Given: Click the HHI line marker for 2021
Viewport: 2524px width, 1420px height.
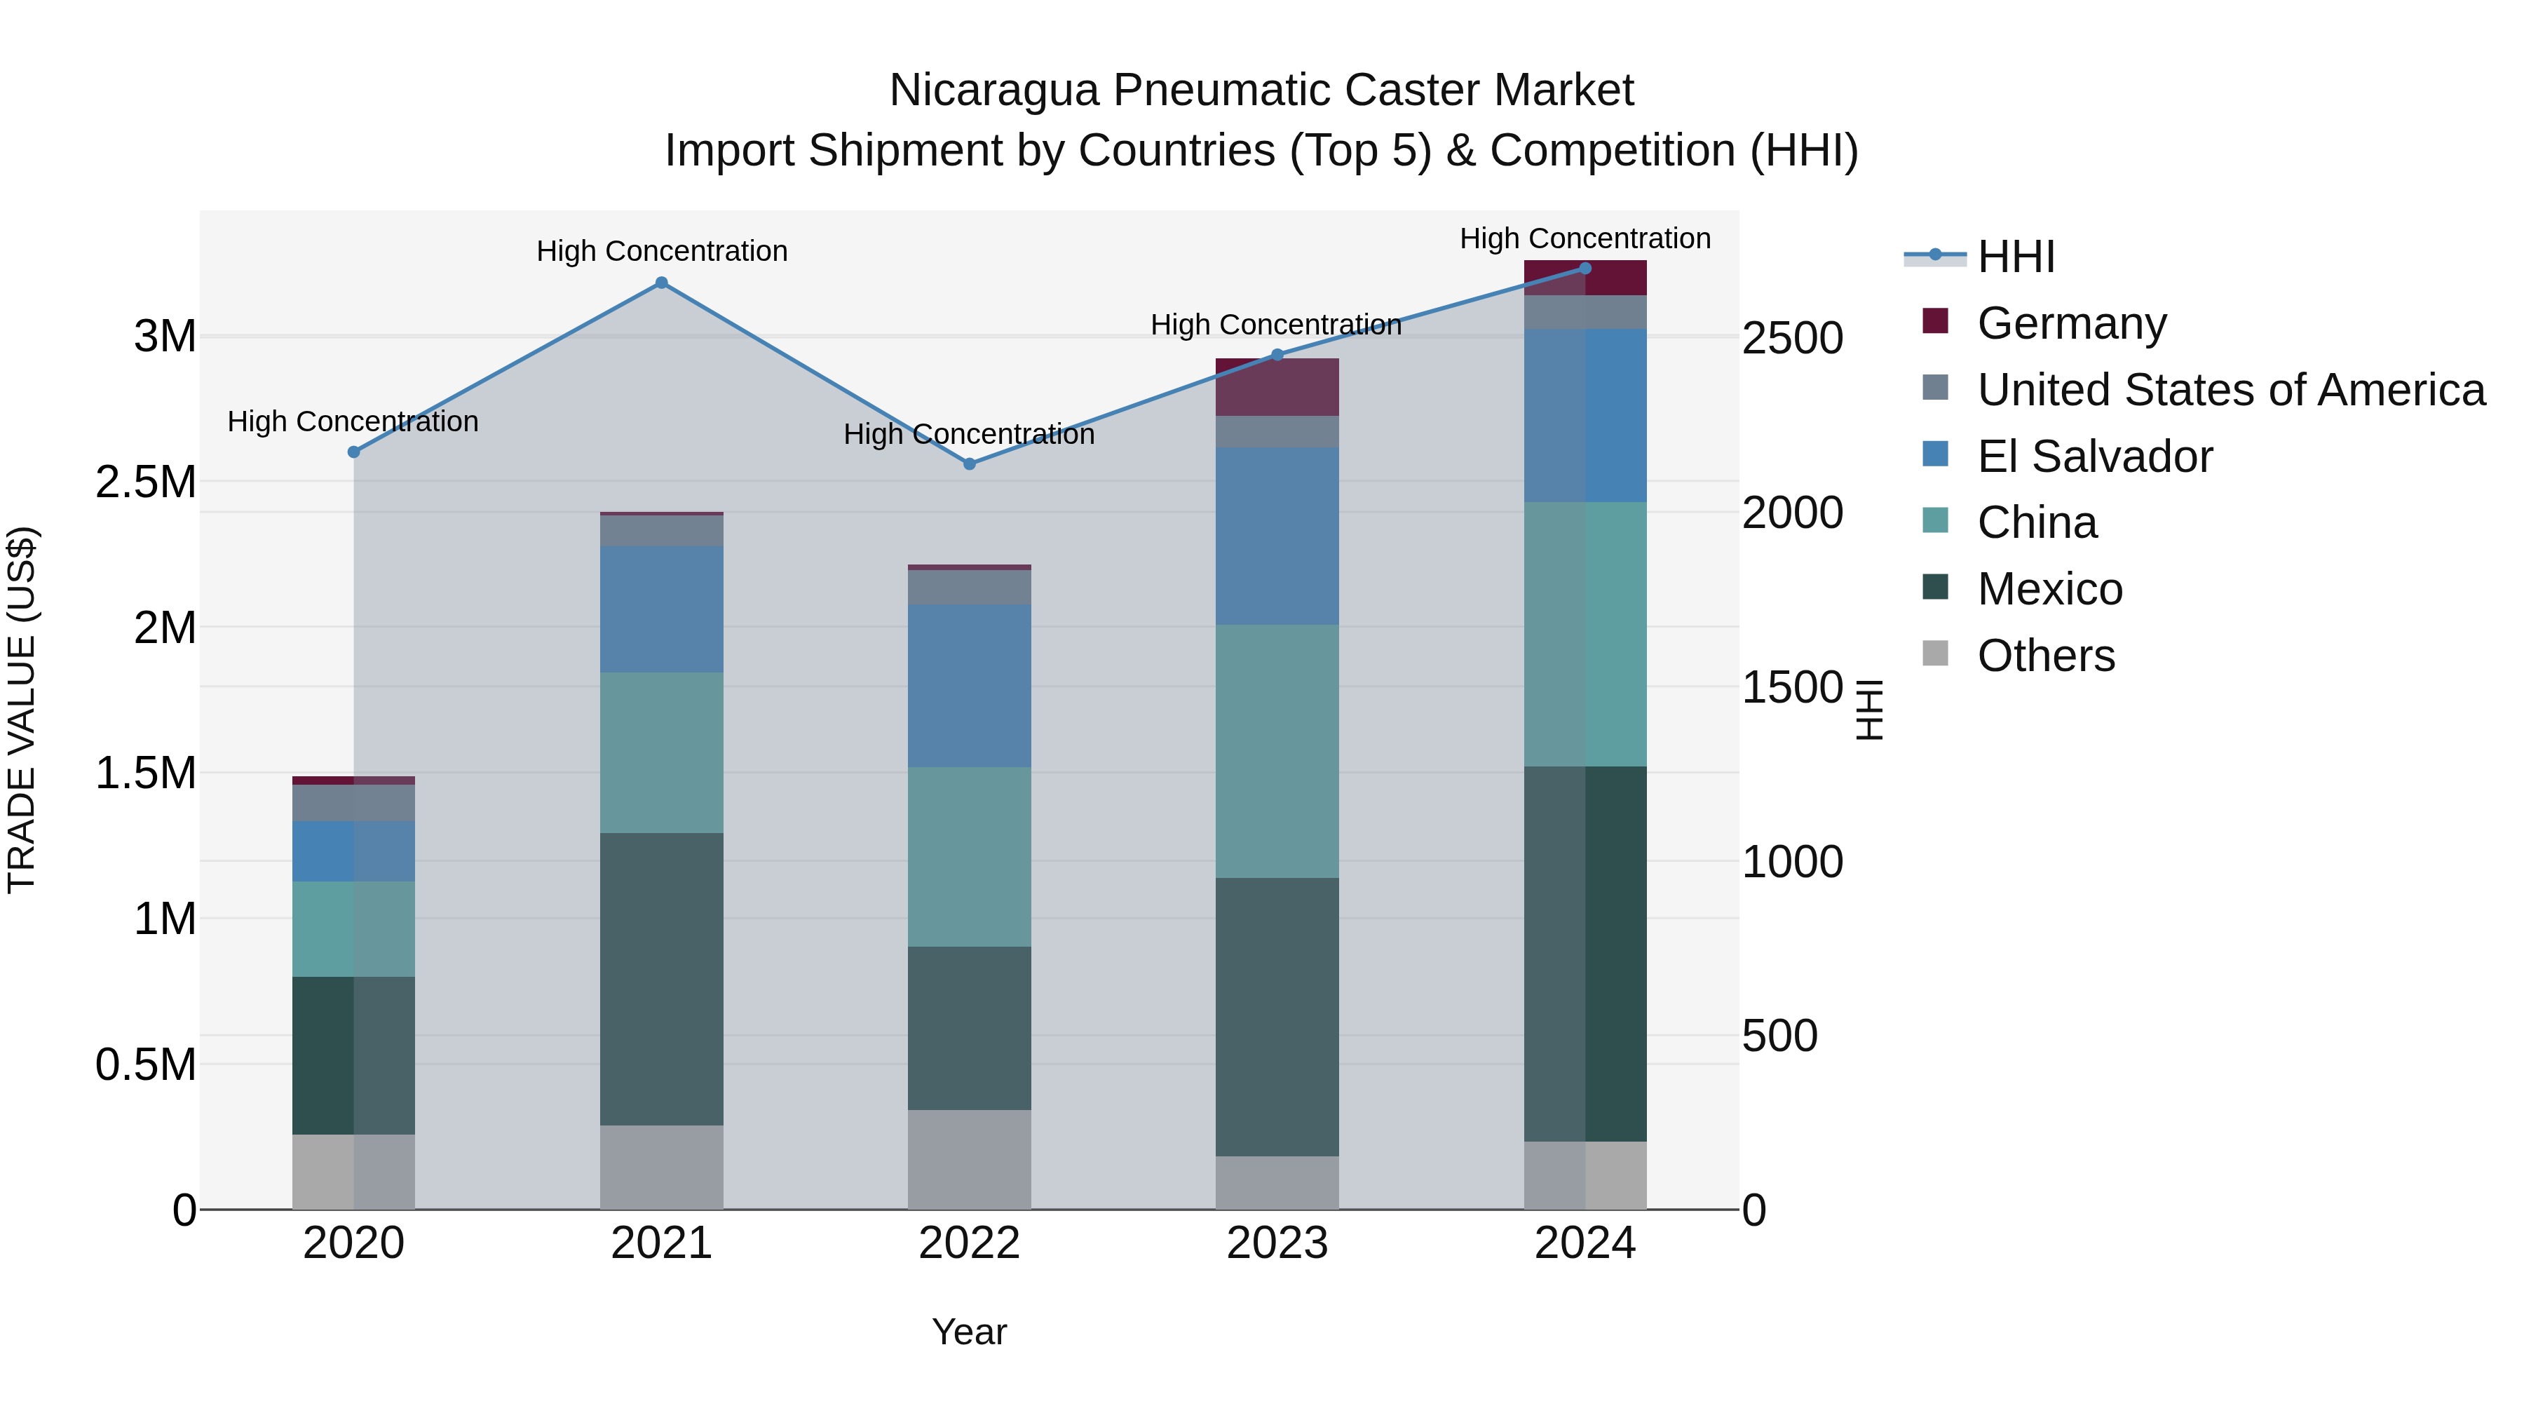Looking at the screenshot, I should pyautogui.click(x=661, y=283).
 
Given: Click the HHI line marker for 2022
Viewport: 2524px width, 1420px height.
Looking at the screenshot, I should pyautogui.click(x=969, y=464).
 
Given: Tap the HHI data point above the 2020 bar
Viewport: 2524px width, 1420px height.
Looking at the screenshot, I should pyautogui.click(x=354, y=452).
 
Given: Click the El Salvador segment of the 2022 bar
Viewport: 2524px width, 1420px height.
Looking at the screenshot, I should pyautogui.click(x=969, y=685).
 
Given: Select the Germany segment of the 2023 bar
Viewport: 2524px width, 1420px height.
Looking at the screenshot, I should pyautogui.click(x=1277, y=386).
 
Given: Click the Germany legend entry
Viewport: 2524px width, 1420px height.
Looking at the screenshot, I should pyautogui.click(x=2070, y=323).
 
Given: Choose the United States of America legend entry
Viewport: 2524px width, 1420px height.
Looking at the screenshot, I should pyautogui.click(x=2230, y=390).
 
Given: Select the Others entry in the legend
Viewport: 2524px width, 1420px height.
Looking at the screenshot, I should pyautogui.click(x=2045, y=656).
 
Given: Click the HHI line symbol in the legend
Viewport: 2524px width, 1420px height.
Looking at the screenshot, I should pyautogui.click(x=1934, y=256).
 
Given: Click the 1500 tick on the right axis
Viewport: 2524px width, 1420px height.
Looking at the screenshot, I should pyautogui.click(x=1792, y=688).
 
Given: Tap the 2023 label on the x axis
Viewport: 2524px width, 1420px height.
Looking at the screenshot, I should pyautogui.click(x=1277, y=1243).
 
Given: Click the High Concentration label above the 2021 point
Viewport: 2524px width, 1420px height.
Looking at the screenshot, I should pyautogui.click(x=661, y=251).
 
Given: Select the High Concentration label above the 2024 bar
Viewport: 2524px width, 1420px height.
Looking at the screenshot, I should pyautogui.click(x=1585, y=238).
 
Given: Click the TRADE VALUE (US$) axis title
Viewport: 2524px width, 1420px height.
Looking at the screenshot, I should pyautogui.click(x=22, y=710).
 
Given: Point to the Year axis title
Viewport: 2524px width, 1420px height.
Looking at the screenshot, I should pyautogui.click(x=969, y=1332).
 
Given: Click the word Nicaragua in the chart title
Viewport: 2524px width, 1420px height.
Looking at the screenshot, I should pyautogui.click(x=993, y=90).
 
